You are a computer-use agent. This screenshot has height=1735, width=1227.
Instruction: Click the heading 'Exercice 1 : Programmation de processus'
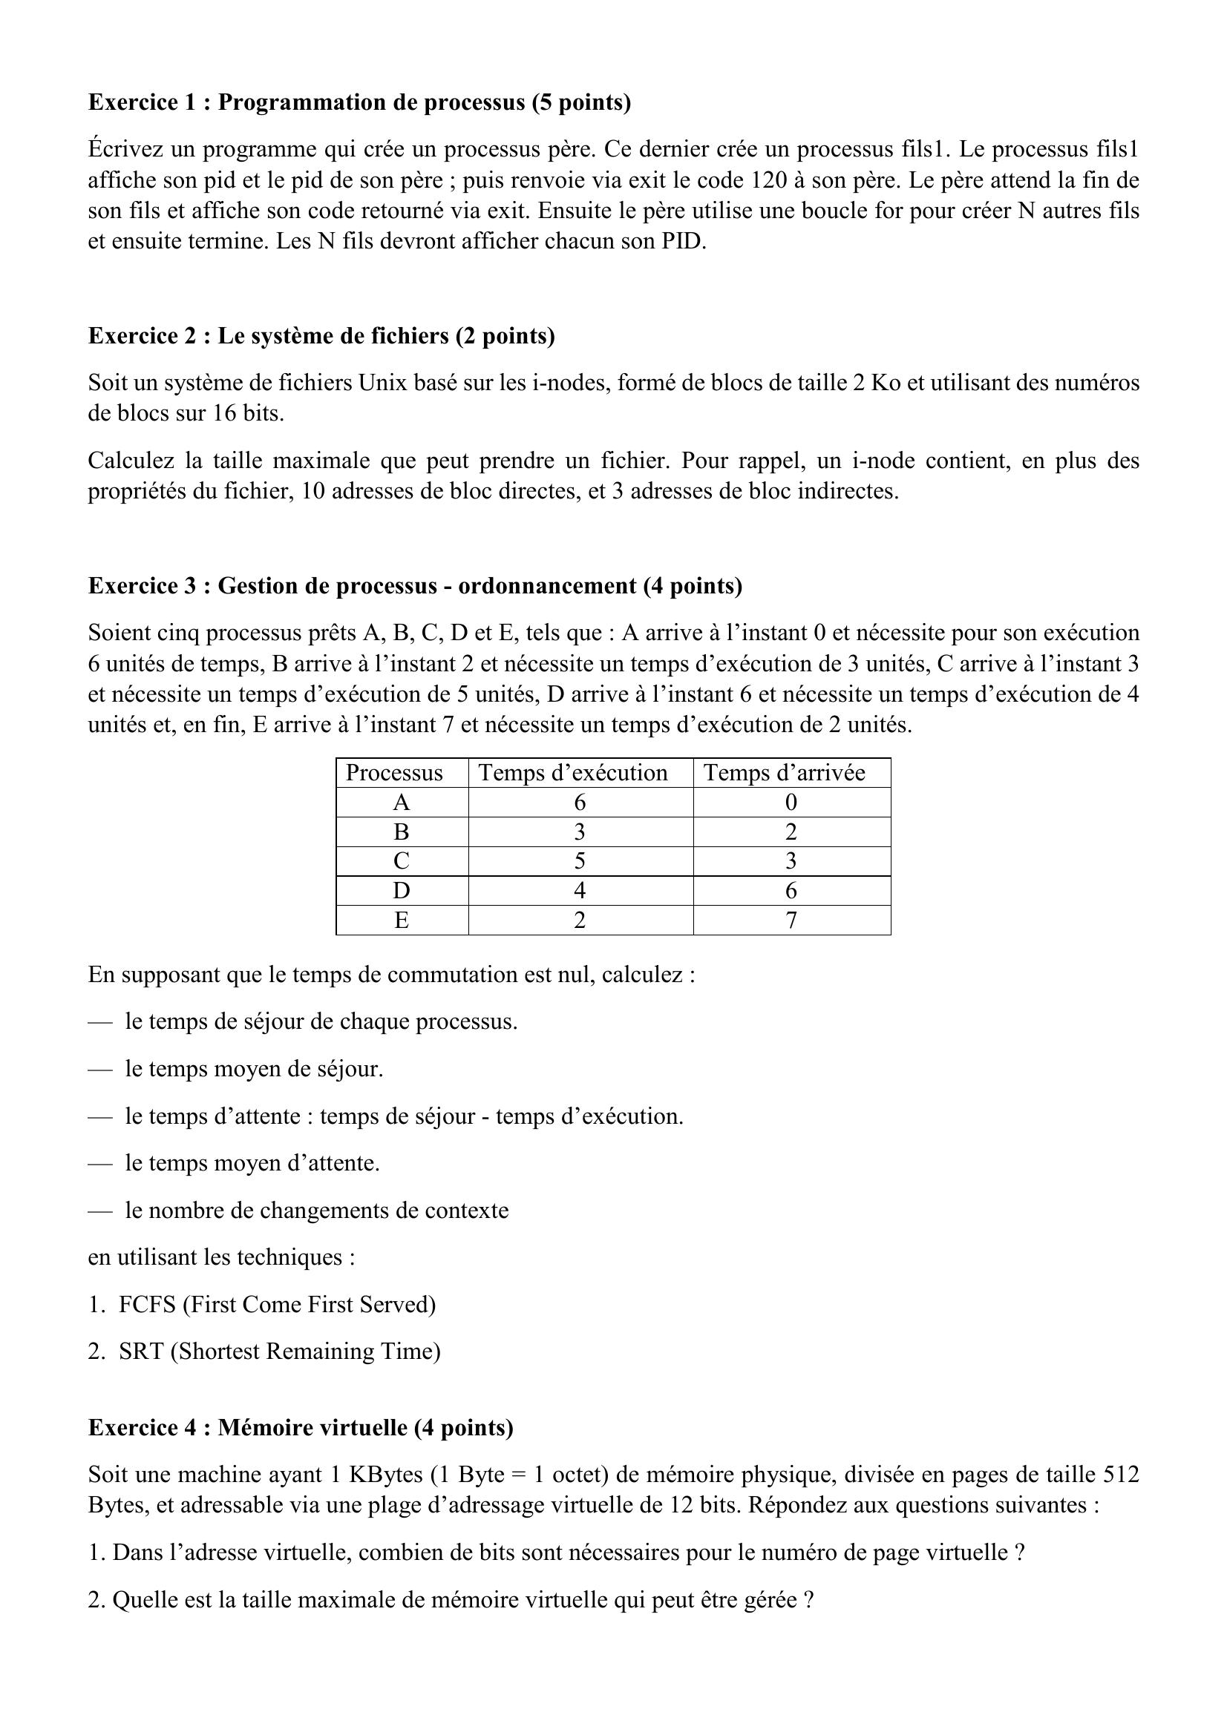click(x=359, y=103)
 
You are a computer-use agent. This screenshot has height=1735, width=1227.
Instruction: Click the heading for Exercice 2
click(x=321, y=336)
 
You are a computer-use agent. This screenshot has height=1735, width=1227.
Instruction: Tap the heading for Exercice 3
click(x=415, y=587)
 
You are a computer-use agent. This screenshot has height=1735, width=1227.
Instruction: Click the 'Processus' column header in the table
click(x=394, y=773)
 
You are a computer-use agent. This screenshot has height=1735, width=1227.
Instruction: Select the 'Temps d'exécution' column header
click(x=573, y=773)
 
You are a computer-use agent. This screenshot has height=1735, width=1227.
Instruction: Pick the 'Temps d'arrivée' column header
click(x=784, y=773)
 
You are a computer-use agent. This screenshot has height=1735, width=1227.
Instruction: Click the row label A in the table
click(x=402, y=803)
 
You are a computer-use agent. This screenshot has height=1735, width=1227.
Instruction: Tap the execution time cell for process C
click(x=580, y=861)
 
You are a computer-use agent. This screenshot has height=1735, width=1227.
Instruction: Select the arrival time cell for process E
click(x=791, y=921)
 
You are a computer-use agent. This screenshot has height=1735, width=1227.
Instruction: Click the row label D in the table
click(x=402, y=891)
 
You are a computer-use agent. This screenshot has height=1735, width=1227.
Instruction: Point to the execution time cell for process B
click(x=580, y=832)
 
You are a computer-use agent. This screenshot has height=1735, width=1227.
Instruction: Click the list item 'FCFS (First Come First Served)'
click(x=277, y=1305)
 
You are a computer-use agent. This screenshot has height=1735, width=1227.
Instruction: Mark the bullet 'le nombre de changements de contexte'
click(x=317, y=1211)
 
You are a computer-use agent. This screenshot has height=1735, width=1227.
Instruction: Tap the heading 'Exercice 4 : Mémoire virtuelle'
click(x=300, y=1428)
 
